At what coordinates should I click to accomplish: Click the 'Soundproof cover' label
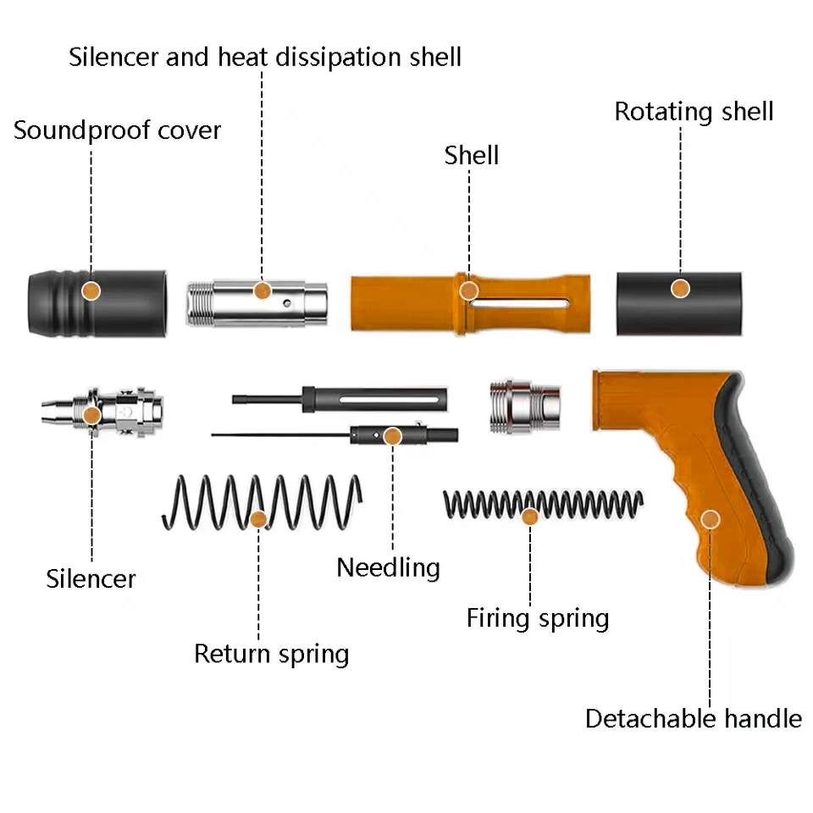(x=117, y=131)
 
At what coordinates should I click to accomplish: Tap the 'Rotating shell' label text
(x=694, y=112)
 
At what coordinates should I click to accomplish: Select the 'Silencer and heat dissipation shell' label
(x=265, y=58)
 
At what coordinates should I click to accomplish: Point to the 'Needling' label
(x=388, y=567)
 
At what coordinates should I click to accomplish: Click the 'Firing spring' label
(x=538, y=618)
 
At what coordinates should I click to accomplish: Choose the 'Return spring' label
(x=271, y=654)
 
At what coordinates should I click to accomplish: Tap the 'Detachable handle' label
(x=693, y=719)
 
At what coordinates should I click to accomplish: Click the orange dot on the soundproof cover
(x=91, y=290)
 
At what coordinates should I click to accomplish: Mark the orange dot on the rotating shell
(x=679, y=289)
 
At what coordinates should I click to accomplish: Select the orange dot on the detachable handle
(x=711, y=518)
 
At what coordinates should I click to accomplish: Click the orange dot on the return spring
(x=258, y=518)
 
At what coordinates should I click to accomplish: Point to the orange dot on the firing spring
(x=530, y=515)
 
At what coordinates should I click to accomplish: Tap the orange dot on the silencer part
(x=91, y=415)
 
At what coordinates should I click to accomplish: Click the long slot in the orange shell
(x=521, y=303)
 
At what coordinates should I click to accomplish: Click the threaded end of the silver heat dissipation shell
(x=200, y=302)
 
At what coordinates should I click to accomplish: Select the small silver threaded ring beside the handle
(x=525, y=405)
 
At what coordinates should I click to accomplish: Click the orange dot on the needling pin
(x=392, y=436)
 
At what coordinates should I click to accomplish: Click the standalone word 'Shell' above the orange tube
(x=472, y=155)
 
